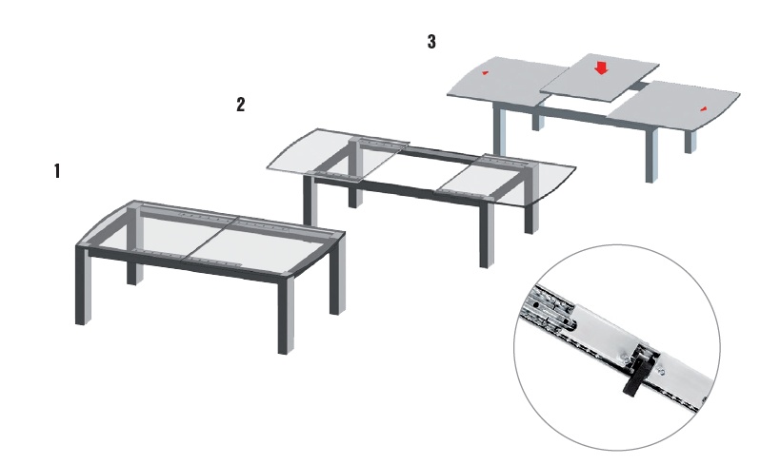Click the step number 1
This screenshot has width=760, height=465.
click(x=57, y=171)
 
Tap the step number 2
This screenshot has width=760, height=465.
click(x=241, y=104)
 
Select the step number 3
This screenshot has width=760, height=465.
click(x=431, y=42)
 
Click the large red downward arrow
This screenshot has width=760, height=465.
click(x=601, y=68)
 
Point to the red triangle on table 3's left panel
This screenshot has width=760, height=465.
click(x=485, y=73)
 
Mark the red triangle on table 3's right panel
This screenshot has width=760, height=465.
click(x=703, y=109)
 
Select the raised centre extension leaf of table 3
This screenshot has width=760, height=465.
click(x=599, y=77)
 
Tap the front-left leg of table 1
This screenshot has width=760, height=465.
click(x=83, y=285)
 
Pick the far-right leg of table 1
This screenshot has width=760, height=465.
click(x=337, y=273)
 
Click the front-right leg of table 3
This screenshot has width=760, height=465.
click(x=652, y=155)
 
